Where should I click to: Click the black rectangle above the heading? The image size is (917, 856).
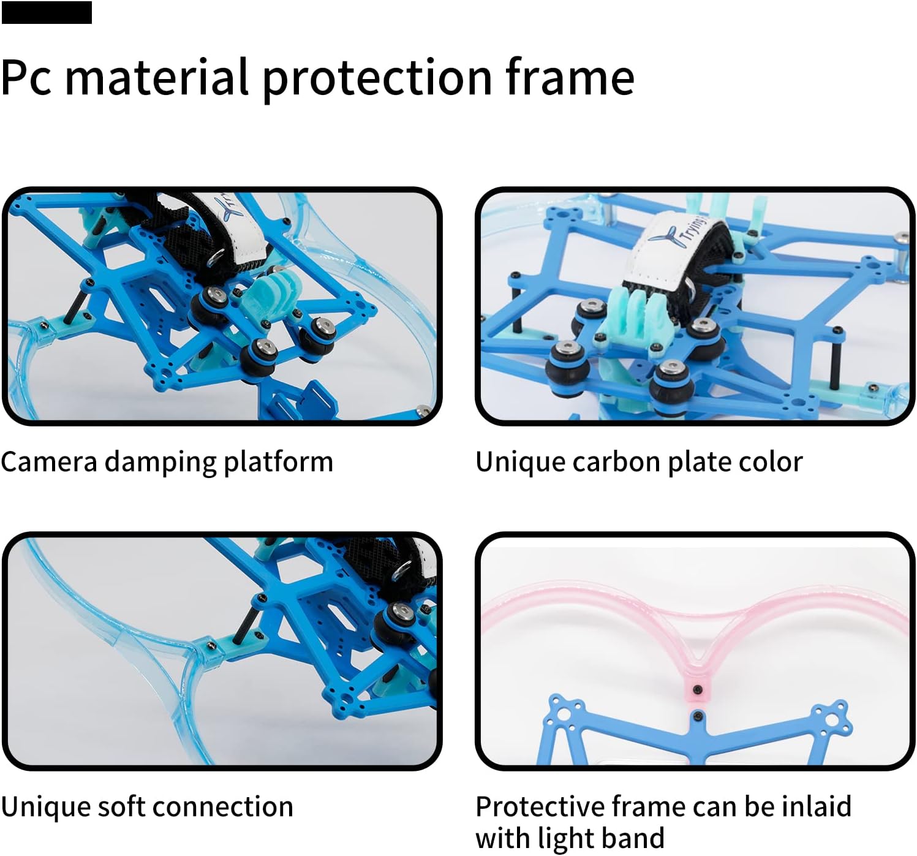[47, 12]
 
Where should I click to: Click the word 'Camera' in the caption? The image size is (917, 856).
[49, 461]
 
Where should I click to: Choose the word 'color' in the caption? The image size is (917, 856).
[772, 461]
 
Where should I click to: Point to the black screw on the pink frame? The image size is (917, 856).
[696, 690]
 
